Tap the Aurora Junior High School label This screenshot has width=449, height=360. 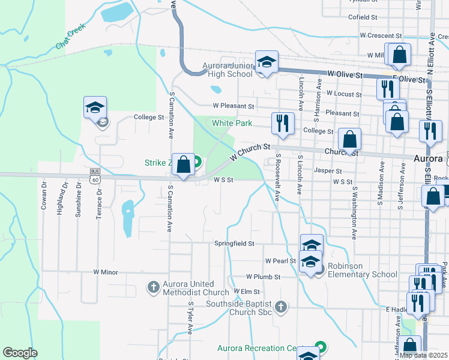click(x=229, y=70)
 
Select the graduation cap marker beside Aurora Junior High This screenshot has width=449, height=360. click(x=267, y=62)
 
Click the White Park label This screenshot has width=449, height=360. click(x=232, y=123)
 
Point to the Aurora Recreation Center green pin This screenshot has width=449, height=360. click(x=321, y=347)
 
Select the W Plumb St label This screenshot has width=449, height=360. click(x=264, y=277)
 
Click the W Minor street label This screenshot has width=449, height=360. click(x=106, y=272)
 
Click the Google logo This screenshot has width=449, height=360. click(x=20, y=352)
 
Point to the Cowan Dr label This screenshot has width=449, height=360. click(x=44, y=197)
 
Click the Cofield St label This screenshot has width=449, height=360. click(x=362, y=17)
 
